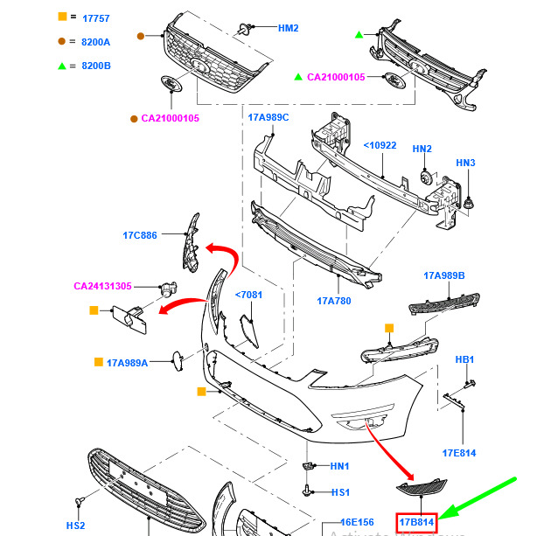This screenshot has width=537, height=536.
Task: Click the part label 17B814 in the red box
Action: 416,523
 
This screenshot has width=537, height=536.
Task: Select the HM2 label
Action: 289,28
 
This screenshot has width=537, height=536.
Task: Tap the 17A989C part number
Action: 268,118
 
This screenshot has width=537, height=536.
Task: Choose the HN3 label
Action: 465,164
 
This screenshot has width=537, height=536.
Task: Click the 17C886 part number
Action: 140,235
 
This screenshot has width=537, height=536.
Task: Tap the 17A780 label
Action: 333,301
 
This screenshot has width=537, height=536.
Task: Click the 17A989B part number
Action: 444,276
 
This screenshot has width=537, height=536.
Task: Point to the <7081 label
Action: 248,296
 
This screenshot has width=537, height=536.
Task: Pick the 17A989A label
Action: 128,362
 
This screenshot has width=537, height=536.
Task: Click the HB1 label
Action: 465,360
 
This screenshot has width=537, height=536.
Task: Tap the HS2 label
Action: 76,525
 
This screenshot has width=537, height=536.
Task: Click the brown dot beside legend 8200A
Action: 61,41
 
